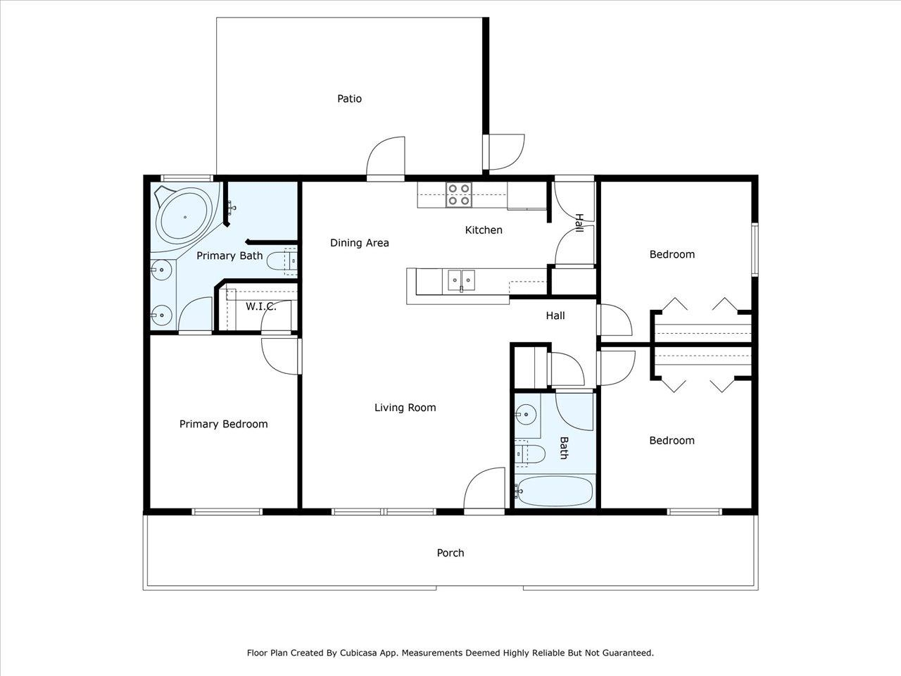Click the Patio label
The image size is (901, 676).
coord(349,99)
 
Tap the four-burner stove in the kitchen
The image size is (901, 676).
coord(459,194)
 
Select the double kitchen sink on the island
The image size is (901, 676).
coord(461,281)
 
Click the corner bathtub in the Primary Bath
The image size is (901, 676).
coord(184,217)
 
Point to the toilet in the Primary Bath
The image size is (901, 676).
coord(282,261)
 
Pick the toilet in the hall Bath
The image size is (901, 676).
coord(529,453)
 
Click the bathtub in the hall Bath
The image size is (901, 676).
coord(554,492)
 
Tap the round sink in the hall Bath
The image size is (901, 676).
coord(526,415)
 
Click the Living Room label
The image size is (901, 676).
coord(405,408)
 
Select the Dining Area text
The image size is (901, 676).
coord(360,243)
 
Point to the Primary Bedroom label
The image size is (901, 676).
coord(224,424)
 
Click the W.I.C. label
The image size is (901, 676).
coord(261,306)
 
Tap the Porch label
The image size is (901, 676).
coord(450,553)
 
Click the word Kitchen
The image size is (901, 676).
coord(484,230)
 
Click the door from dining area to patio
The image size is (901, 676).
coord(386,158)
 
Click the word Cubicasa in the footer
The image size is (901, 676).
coord(356,653)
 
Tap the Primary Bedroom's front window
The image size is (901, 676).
coord(227,512)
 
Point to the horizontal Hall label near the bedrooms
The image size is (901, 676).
coord(555,315)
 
